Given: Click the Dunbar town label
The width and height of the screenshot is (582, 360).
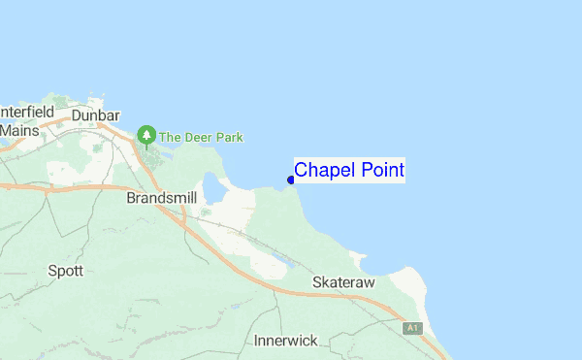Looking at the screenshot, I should coord(95,114).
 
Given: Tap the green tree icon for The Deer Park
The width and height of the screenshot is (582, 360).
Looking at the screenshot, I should coord(146,134).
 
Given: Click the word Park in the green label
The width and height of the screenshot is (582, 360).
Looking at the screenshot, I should coord(230,138).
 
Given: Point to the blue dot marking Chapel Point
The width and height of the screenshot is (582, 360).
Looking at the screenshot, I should coord(291,179).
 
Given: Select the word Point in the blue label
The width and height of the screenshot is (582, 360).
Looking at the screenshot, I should coord(379,171).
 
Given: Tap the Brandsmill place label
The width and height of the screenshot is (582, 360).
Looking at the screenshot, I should coord(161,197).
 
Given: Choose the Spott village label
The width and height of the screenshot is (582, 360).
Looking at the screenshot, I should coord(65,271).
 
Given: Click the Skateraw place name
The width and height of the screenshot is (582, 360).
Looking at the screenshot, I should coord(343,281).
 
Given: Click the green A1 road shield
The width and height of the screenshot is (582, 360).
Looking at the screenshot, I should coord(413,328).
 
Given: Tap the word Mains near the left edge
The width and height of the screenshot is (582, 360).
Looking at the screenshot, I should coord(19,129).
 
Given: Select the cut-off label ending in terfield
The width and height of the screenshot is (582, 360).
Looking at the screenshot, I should coord(27,112).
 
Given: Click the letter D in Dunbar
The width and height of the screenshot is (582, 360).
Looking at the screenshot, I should coord(76,114).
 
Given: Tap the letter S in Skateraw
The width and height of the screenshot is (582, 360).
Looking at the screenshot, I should coord(316,281).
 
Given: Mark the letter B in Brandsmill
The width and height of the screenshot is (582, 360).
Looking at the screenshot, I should coord(131,197).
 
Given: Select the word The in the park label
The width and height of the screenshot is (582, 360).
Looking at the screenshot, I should coord(171,138).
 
